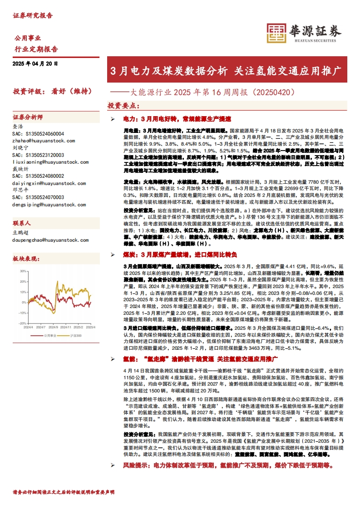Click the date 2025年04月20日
click(x=35, y=64)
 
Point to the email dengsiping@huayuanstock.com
click(x=49, y=205)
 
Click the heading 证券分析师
click(x=28, y=117)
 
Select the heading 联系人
click(x=22, y=223)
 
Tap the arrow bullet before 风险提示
click(x=113, y=465)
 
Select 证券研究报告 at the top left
click(x=33, y=15)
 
